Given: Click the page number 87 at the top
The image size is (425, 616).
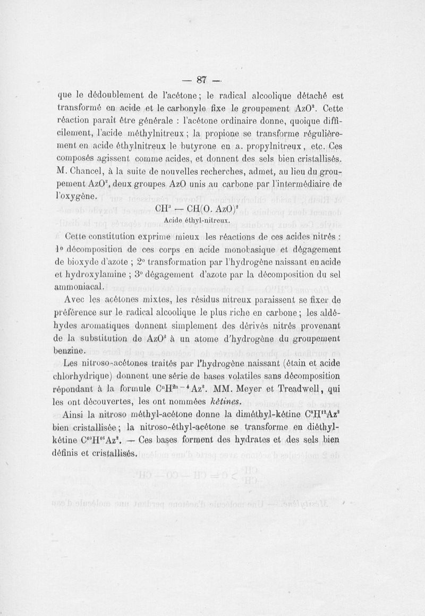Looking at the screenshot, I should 201,80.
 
